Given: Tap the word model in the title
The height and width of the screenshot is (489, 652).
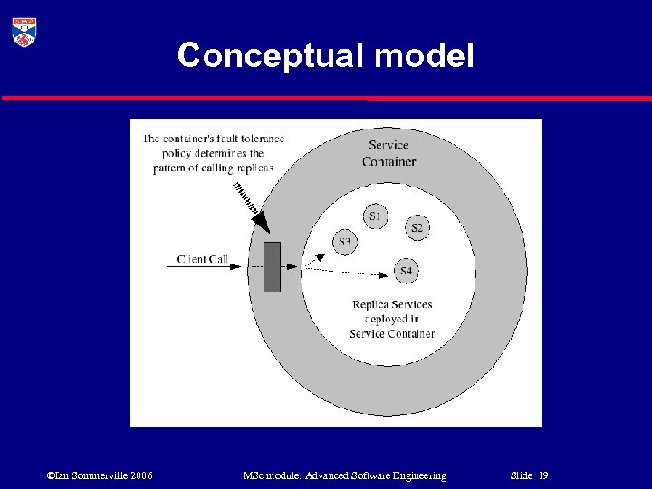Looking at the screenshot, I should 424,55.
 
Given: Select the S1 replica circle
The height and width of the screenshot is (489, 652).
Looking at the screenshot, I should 375,216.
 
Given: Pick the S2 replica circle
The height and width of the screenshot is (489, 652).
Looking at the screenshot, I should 417,227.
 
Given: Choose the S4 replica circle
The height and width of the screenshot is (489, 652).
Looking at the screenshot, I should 406,271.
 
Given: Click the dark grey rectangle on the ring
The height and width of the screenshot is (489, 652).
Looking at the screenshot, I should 272,267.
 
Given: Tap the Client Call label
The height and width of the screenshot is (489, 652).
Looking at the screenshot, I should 203,260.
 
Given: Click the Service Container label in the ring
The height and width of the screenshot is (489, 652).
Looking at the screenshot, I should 388,153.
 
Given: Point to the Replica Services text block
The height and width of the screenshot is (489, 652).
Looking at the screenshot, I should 392,319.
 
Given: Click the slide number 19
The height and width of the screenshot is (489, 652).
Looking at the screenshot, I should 543,475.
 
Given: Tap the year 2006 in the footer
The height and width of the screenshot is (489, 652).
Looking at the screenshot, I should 141,475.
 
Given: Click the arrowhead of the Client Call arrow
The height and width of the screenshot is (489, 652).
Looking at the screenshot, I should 239,266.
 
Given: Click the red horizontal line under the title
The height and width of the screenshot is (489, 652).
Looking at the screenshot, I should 326,98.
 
